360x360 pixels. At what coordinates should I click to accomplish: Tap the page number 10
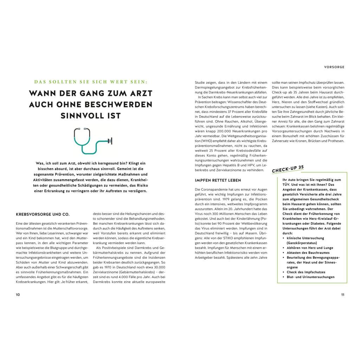click(x=18, y=295)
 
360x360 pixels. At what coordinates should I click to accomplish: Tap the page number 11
click(x=342, y=295)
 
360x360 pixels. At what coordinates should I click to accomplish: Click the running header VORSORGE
click(x=334, y=67)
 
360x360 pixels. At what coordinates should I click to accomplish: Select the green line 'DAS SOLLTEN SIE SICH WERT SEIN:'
click(x=91, y=82)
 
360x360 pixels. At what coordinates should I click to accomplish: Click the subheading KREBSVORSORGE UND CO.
click(x=43, y=214)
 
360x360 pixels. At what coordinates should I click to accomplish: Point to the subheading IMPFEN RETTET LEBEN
click(x=218, y=180)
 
